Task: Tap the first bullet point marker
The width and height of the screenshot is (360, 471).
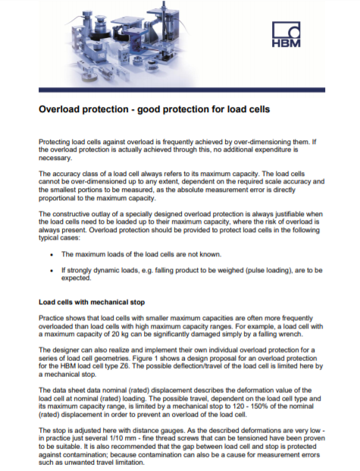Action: coord(51,255)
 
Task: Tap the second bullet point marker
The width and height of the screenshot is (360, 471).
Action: coord(51,269)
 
